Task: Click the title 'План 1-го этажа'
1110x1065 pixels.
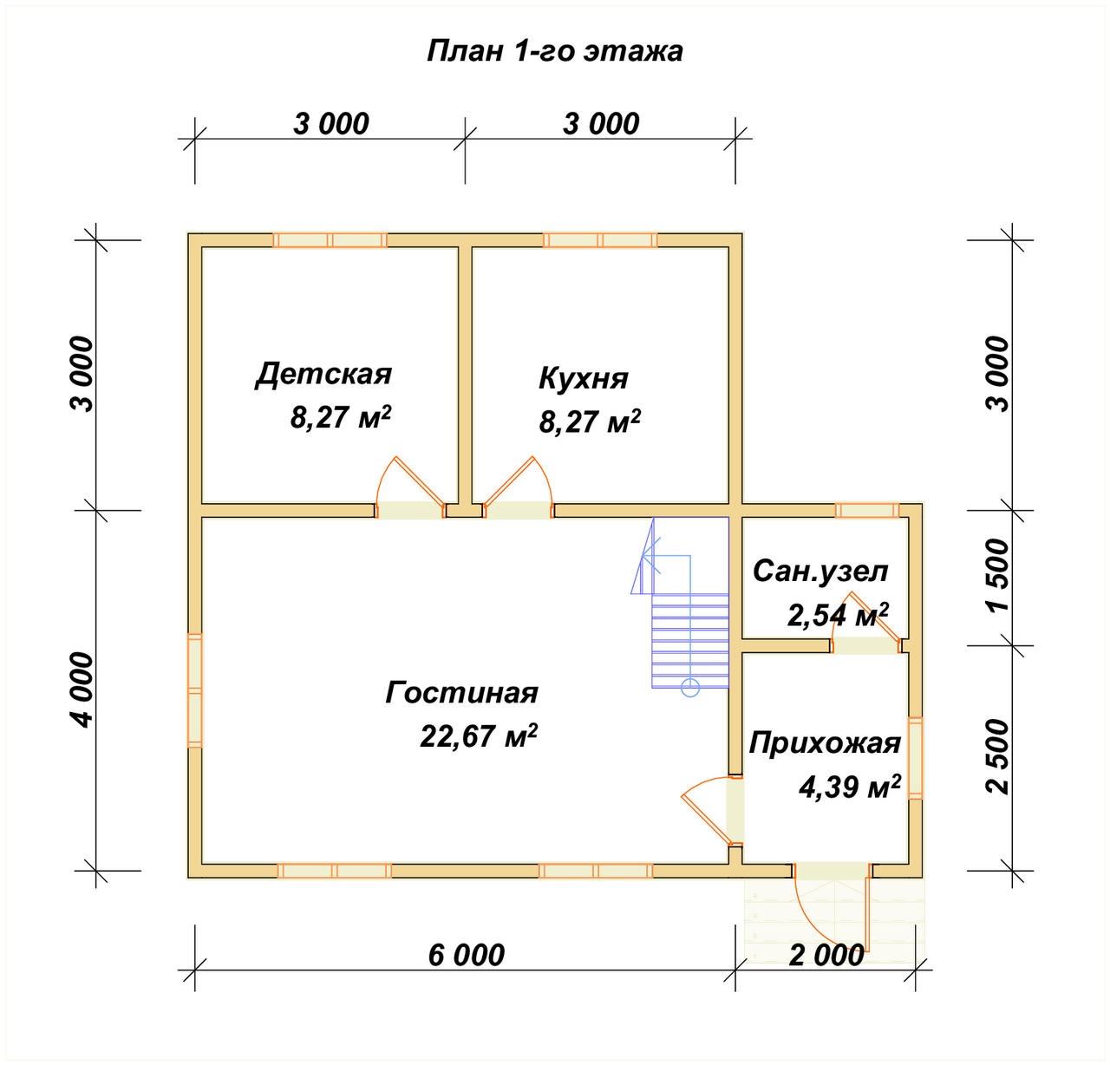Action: tap(554, 52)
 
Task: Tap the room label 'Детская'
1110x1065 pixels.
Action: tap(323, 375)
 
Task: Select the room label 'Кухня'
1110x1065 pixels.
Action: tap(584, 378)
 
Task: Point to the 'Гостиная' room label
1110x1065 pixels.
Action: tap(462, 693)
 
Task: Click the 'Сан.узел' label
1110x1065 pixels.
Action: tap(821, 572)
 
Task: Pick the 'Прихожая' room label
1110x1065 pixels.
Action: tap(825, 743)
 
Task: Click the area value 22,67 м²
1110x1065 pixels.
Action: tap(480, 735)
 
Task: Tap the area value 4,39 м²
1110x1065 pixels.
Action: tap(849, 787)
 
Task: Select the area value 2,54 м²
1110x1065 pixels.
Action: tap(838, 614)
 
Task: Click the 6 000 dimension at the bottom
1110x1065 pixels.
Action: tap(467, 956)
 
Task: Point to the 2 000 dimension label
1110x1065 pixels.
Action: tap(826, 956)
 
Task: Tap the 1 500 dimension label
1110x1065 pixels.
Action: tap(997, 575)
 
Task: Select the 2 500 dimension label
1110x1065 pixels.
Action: tap(997, 756)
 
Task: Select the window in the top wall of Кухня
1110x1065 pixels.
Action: tap(600, 239)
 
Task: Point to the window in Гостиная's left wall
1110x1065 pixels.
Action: tap(195, 690)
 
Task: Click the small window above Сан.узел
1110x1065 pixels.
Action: tap(867, 510)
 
